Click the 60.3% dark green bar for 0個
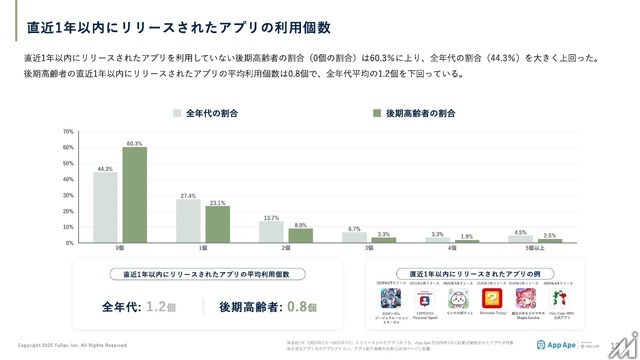coord(134,195)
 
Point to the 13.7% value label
coord(270,217)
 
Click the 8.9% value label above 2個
coord(299,225)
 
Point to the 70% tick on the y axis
coord(69,131)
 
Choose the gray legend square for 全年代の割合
coord(177,113)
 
